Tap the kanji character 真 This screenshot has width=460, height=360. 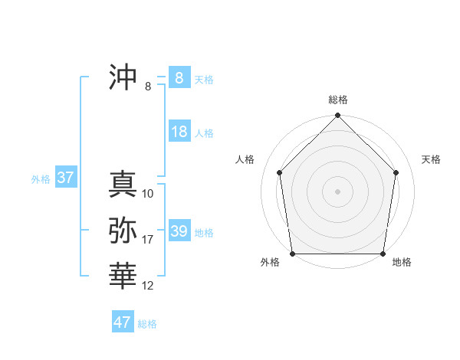(123, 185)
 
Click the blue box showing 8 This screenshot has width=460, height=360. (179, 77)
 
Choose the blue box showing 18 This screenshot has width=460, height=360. (179, 132)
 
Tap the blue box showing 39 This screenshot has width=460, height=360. (179, 231)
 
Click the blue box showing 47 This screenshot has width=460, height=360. (123, 322)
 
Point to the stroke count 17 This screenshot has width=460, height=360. (148, 240)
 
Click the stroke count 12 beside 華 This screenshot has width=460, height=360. (148, 286)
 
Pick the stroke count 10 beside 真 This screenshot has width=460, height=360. (148, 194)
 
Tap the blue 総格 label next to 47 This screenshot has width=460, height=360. (147, 324)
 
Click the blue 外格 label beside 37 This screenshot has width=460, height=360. (41, 179)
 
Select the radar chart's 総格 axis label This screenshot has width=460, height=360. (338, 100)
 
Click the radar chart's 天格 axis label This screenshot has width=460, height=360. (432, 159)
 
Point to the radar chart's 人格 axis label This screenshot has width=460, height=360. (245, 159)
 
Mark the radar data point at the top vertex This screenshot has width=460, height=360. (338, 116)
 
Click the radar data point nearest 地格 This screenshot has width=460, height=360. (383, 254)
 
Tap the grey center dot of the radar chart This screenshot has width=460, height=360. (338, 191)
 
